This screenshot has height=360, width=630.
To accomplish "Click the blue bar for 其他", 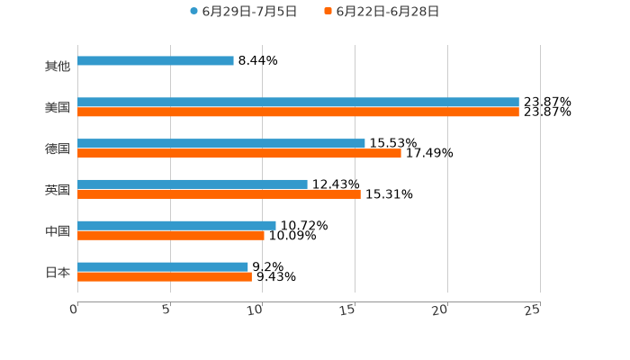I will pos(156,61).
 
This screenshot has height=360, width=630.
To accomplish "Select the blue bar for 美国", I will pos(298,103).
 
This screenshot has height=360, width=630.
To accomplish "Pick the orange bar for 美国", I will pos(298,112).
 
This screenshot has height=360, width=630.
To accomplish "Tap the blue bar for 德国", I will pos(221,144).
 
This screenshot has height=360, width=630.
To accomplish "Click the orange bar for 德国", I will pos(239,154).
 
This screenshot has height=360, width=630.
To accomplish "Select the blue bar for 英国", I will pos(193,184).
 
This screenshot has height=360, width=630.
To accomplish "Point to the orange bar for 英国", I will pos(219,193).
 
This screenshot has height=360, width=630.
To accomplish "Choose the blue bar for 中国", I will pos(176,226).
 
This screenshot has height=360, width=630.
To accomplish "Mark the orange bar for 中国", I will pos(171,236).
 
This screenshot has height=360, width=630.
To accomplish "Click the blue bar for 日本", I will pos(163,266).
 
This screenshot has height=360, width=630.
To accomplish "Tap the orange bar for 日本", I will pos(165,276).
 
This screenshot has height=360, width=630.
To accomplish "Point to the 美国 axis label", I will pos(58,108).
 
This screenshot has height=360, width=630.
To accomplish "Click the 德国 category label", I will pos(58,149).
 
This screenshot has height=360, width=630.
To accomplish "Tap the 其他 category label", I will pos(58,67).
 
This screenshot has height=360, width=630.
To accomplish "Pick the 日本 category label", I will pos(58,273).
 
